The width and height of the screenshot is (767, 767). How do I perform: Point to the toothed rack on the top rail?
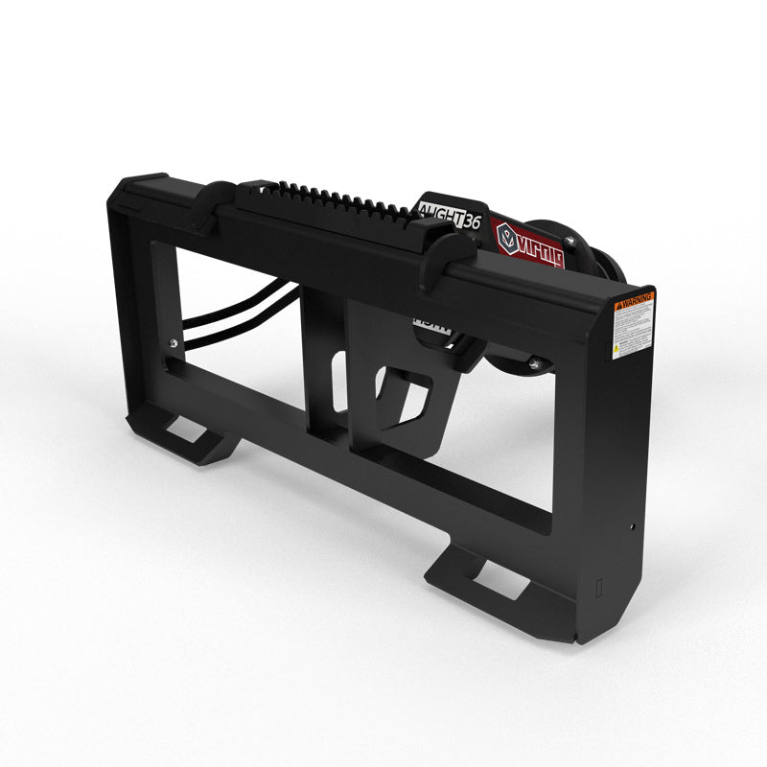pos(326,198)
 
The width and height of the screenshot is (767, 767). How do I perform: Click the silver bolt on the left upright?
pos(173,345)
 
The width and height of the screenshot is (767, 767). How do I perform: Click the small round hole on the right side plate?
pos(633,525)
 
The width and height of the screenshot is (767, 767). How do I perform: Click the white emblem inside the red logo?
pos(505,233)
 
